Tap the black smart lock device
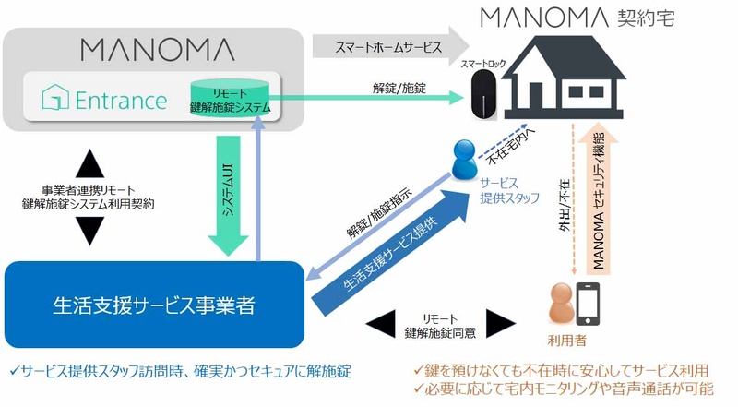click(x=482, y=98)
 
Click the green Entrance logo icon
click(x=53, y=99)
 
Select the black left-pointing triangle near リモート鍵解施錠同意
click(x=381, y=323)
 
